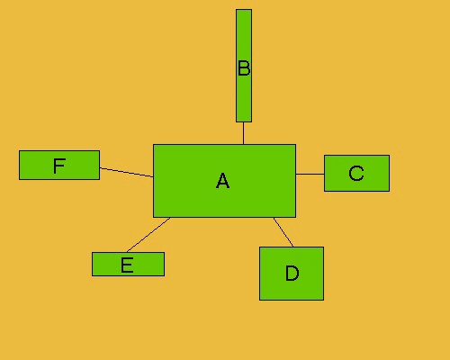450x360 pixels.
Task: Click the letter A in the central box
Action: [x=222, y=181]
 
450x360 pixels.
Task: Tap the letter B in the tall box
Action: [x=244, y=68]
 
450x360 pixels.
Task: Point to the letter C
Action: [x=356, y=173]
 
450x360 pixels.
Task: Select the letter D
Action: [x=292, y=273]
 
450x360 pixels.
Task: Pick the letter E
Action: [x=127, y=265]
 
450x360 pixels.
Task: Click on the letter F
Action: [x=59, y=166]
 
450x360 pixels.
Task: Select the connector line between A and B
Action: [x=243, y=133]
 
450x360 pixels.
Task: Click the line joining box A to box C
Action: [x=310, y=174]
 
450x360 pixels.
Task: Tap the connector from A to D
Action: [x=283, y=232]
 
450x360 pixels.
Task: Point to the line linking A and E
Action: [x=148, y=235]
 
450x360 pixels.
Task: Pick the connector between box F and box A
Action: [x=126, y=172]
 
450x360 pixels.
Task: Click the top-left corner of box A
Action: [x=153, y=145]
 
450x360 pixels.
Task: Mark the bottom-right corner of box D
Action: [x=324, y=300]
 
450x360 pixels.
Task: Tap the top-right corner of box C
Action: [x=390, y=155]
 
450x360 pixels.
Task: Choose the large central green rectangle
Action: [x=224, y=181]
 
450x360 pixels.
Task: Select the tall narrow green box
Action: [x=244, y=66]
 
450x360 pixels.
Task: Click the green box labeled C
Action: [x=356, y=173]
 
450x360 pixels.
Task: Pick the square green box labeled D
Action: [x=292, y=274]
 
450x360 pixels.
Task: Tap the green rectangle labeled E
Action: [x=128, y=264]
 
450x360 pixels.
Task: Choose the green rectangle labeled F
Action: [x=59, y=165]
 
